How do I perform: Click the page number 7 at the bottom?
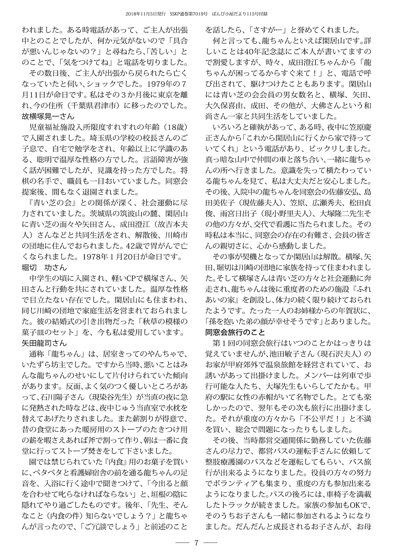[x=196, y=543]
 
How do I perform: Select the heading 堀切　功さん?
[x=44, y=268]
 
